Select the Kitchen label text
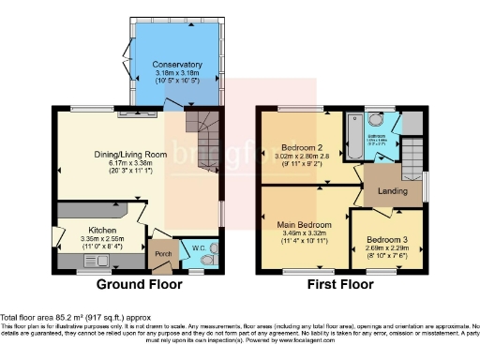pos(102,229)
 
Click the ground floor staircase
pos(201,126)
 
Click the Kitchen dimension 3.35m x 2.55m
pos(102,238)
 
